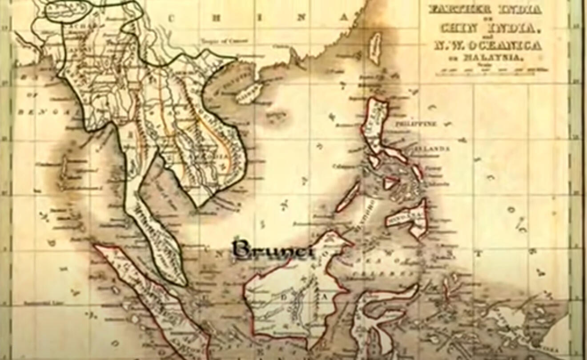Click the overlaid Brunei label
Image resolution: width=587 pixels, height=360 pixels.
[273, 249]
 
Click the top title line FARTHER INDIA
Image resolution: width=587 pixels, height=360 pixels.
[485, 9]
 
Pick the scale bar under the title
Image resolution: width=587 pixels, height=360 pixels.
[491, 70]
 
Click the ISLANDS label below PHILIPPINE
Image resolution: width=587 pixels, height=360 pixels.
[431, 148]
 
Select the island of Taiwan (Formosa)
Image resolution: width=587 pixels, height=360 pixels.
[376, 48]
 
